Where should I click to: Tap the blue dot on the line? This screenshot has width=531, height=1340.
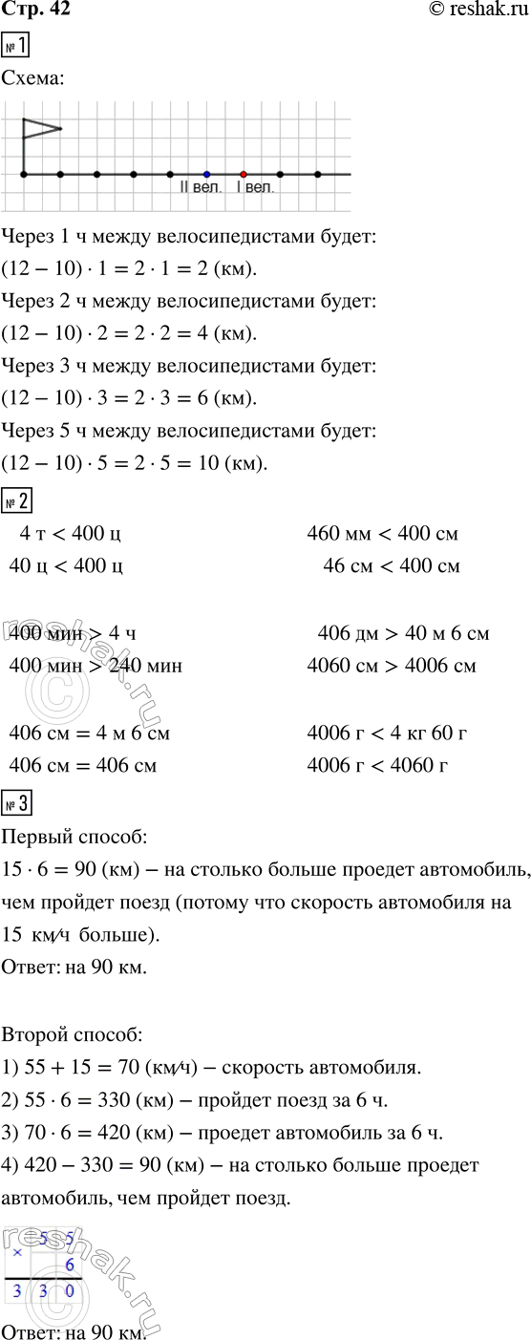click(206, 174)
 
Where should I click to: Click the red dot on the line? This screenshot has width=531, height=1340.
click(244, 174)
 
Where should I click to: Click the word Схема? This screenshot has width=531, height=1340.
click(34, 81)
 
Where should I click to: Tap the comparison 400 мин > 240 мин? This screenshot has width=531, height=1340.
click(94, 666)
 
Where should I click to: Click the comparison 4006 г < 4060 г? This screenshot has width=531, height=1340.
click(377, 766)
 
